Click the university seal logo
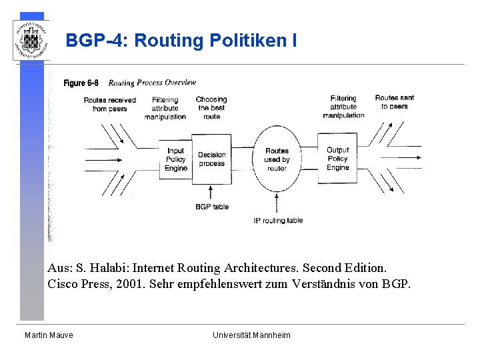click(31, 40)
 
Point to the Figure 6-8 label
click(81, 83)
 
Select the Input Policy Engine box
click(176, 160)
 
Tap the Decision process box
click(211, 159)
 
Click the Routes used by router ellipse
click(277, 159)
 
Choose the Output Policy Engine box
click(337, 159)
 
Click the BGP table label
click(211, 207)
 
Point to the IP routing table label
click(278, 221)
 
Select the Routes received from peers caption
click(109, 104)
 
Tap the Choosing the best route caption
click(211, 107)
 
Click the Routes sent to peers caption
click(394, 102)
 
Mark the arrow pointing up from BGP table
click(211, 193)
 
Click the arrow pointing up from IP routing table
click(277, 202)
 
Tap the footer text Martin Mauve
click(49, 335)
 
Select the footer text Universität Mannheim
click(251, 335)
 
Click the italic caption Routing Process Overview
click(152, 83)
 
